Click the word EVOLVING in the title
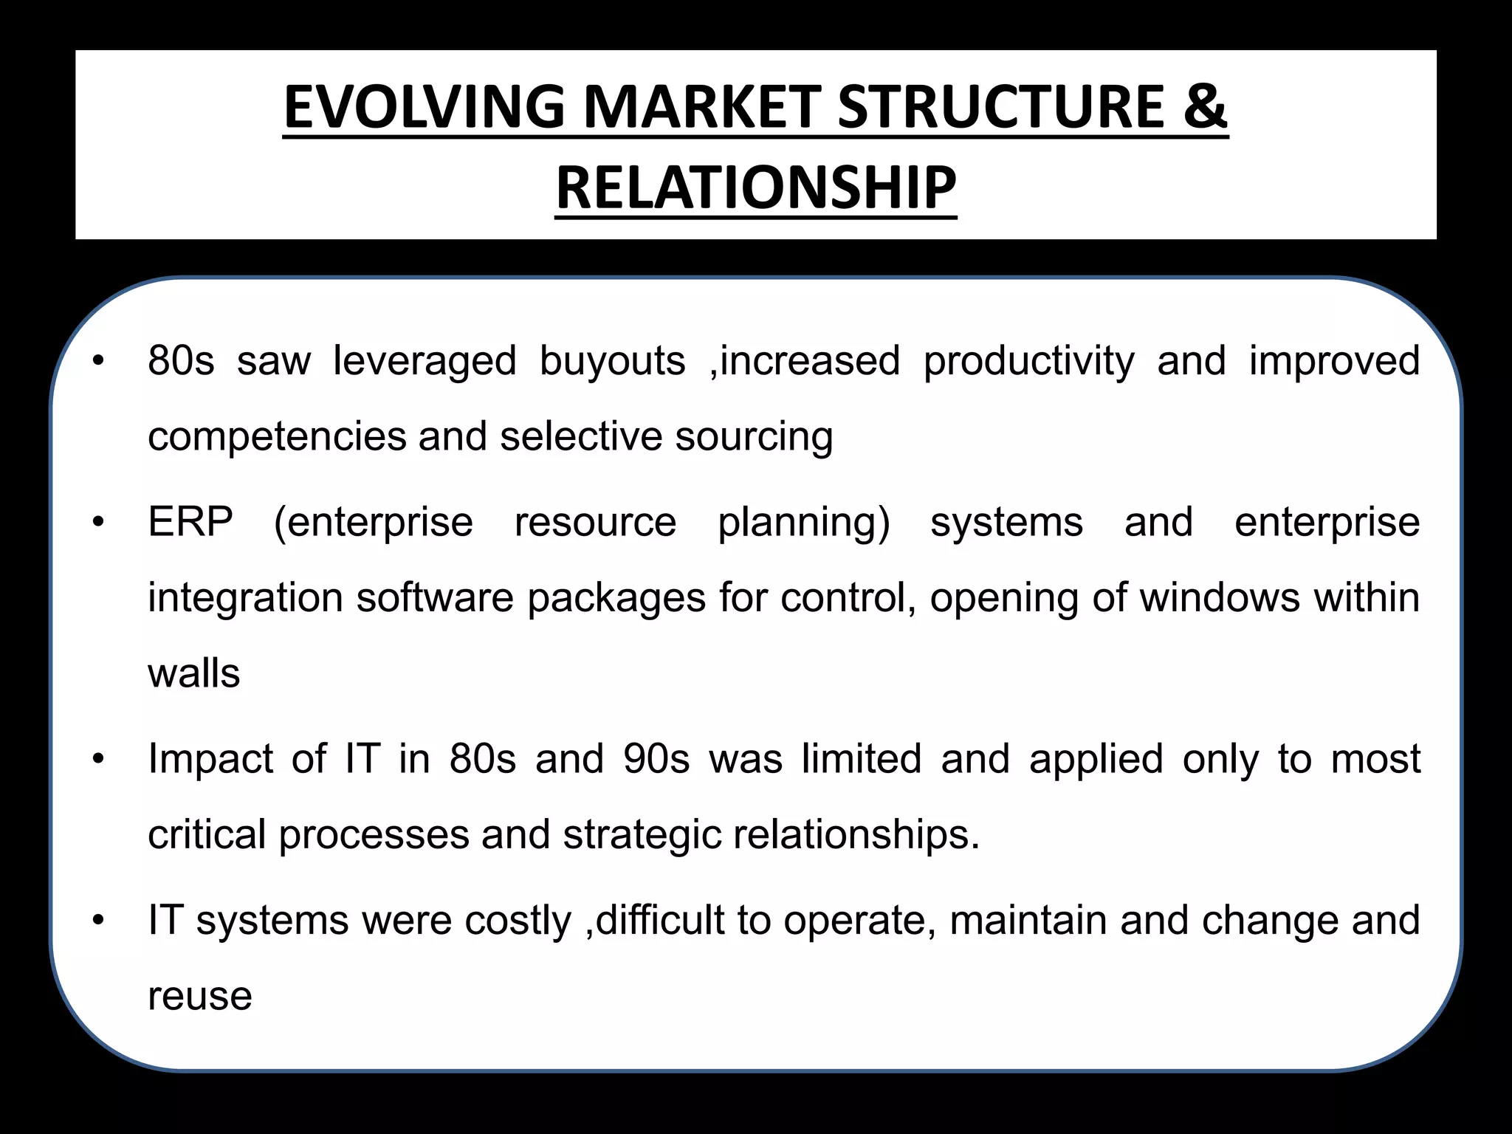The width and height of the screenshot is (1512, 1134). [424, 107]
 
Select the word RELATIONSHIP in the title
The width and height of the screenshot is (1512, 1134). [756, 188]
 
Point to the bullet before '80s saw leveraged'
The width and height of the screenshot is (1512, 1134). [99, 362]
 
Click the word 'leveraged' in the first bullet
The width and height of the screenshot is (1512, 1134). [425, 362]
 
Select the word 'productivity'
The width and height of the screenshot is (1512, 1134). [1029, 362]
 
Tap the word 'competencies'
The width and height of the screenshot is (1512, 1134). [277, 437]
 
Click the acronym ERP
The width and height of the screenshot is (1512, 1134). [190, 523]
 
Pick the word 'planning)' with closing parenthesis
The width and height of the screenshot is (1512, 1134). [804, 523]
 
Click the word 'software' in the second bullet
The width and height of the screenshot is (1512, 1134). [435, 598]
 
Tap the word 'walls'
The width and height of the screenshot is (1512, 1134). [194, 673]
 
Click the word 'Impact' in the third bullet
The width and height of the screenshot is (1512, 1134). [210, 760]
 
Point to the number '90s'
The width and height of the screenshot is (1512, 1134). [656, 760]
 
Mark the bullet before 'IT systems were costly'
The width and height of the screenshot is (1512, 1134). [99, 921]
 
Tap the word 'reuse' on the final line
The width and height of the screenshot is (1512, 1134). [200, 997]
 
